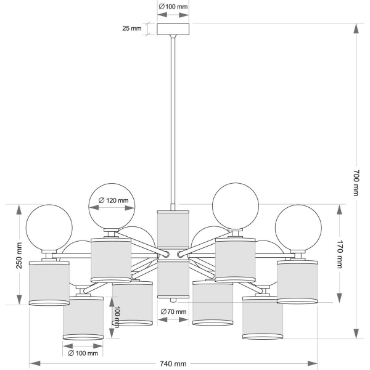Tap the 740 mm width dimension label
173,363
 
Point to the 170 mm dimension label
340,254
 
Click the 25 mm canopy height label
132,29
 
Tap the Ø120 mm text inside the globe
113,200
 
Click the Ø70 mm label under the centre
173,312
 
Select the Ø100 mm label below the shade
83,353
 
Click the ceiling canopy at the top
174,30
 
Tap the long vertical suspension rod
174,123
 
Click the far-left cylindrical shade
49,283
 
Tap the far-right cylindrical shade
297,282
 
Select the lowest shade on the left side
83,317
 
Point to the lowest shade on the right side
263,317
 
